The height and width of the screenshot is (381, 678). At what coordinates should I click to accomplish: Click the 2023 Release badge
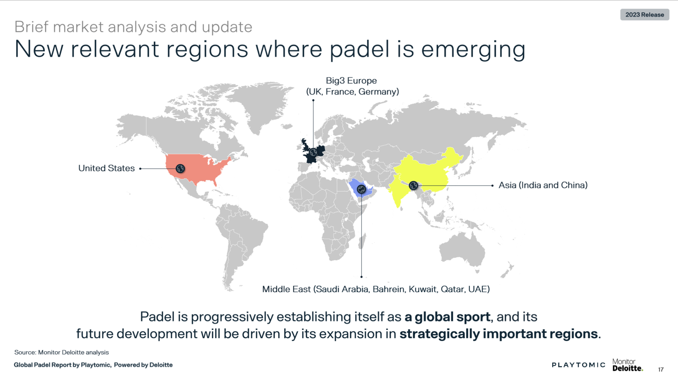(644, 15)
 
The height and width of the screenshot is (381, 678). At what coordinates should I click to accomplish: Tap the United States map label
(106, 168)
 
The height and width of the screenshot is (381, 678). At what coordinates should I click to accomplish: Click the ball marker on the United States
(180, 168)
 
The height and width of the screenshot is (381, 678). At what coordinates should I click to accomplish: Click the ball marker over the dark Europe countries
(313, 152)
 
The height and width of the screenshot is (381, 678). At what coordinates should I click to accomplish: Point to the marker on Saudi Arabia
(361, 189)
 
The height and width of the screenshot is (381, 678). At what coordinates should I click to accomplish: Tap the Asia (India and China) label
(543, 185)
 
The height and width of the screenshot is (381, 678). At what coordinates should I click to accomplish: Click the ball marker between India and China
(413, 185)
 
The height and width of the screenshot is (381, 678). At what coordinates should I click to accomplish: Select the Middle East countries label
(376, 289)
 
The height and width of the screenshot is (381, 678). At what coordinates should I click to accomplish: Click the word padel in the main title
(359, 49)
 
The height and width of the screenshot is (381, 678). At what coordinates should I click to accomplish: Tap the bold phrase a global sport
(447, 317)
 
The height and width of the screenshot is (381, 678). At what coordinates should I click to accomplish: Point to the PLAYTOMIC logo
(578, 365)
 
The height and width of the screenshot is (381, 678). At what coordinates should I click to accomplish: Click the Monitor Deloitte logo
(627, 365)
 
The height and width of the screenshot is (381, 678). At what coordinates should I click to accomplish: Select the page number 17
(660, 369)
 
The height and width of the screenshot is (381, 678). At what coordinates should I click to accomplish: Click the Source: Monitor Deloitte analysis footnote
(62, 352)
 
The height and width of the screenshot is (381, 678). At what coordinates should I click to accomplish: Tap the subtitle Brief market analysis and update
(133, 27)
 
